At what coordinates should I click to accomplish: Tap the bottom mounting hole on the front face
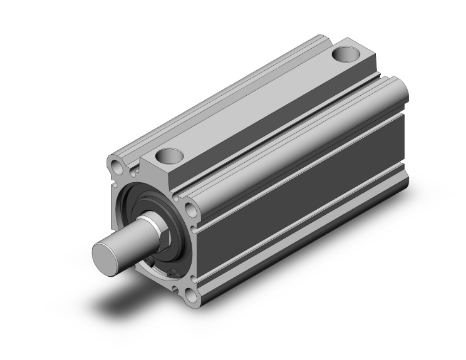pos(188,292)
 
